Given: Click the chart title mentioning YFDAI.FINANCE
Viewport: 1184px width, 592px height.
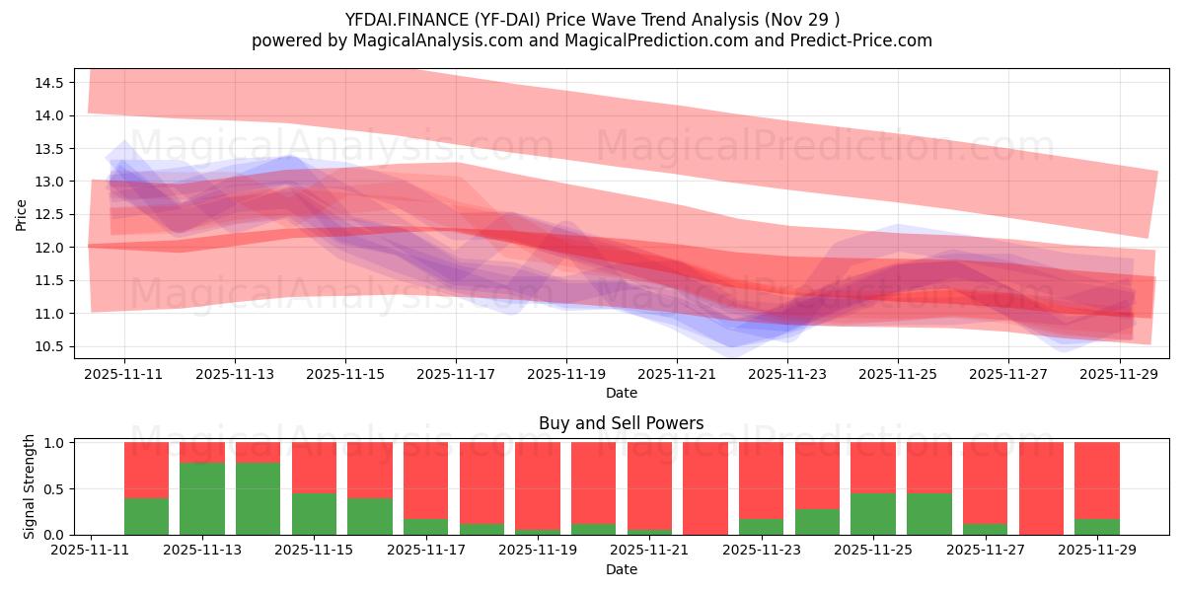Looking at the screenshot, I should click(x=592, y=19).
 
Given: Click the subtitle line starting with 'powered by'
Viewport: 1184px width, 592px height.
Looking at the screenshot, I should click(x=592, y=40).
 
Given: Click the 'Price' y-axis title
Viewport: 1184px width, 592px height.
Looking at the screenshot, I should click(x=22, y=214).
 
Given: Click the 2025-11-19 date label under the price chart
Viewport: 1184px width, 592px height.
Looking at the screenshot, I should click(x=566, y=375).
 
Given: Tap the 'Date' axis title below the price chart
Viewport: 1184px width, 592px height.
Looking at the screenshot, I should click(x=622, y=393).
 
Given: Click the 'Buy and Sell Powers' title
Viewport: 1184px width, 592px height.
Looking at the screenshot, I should click(x=622, y=423).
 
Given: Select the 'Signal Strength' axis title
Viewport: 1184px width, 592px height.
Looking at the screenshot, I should click(x=30, y=486).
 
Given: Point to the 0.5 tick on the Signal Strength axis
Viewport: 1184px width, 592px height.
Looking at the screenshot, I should click(x=55, y=488).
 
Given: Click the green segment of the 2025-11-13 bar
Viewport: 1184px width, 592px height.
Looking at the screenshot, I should click(x=202, y=498).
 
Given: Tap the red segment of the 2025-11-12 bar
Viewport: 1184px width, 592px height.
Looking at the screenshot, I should click(x=146, y=470).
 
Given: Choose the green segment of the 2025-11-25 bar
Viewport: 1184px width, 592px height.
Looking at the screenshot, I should click(x=873, y=514).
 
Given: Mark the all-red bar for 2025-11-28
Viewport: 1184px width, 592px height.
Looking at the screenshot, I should click(x=1041, y=488).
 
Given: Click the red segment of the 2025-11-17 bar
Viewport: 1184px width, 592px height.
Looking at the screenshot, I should click(x=425, y=480).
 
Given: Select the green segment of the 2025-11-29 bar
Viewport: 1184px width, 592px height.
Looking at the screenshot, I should click(x=1097, y=527).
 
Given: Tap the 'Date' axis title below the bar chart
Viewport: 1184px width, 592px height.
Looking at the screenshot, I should click(x=622, y=569).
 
